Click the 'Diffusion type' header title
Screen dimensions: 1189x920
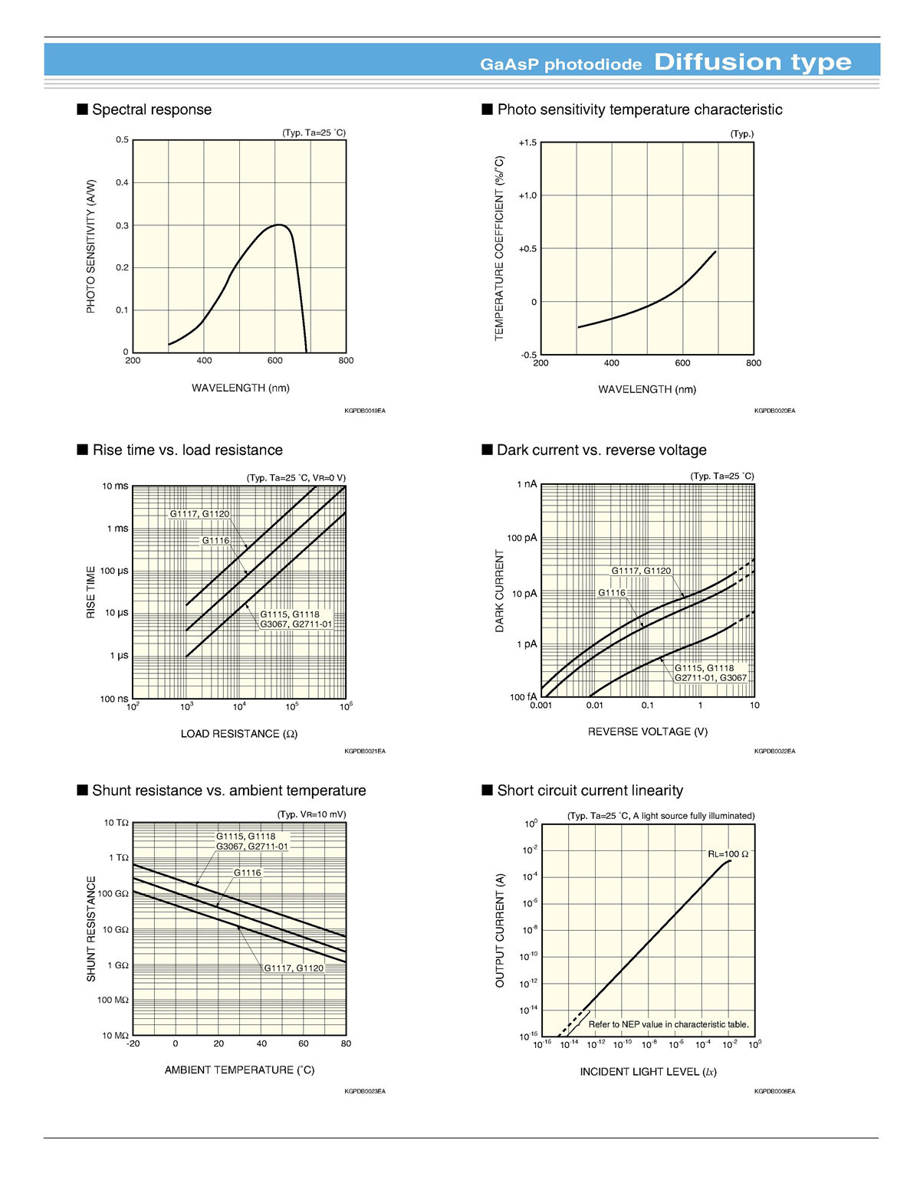pos(752,62)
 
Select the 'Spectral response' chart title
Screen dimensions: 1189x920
pos(151,110)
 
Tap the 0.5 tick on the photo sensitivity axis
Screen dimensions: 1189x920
pos(123,140)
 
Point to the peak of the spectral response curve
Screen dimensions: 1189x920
pos(279,225)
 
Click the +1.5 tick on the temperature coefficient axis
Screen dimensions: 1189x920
pos(527,143)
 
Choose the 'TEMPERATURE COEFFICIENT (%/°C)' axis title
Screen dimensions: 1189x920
pos(500,248)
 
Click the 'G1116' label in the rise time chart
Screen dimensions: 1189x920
pos(215,541)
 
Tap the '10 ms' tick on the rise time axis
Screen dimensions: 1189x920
pos(116,486)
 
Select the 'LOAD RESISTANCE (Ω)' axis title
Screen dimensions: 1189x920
pos(238,734)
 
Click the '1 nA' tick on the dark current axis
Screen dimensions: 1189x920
pos(527,484)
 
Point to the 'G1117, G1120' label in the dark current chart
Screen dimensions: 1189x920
pos(641,571)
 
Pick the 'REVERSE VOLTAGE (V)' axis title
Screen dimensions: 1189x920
pos(648,732)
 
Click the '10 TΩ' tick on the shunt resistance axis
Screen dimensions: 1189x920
pos(117,823)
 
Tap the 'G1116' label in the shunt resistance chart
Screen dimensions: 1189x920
pos(247,873)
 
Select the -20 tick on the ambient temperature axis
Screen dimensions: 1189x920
pos(133,1043)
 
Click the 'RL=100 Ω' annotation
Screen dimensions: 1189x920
pos(728,853)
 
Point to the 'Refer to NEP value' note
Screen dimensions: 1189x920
pos(669,1024)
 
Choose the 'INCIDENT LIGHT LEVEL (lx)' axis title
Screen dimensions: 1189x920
pos(648,1072)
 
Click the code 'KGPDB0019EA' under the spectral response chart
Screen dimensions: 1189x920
pos(365,411)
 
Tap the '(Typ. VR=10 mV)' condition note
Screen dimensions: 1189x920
pos(311,814)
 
